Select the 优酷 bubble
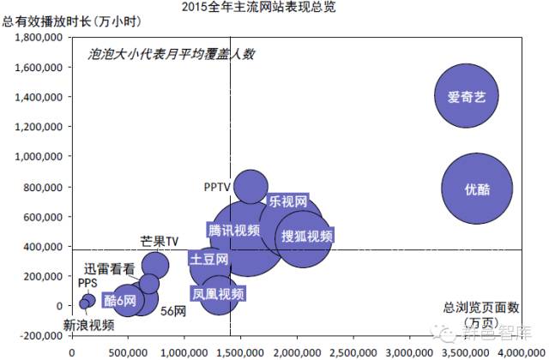(x=477, y=189)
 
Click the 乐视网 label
(x=287, y=202)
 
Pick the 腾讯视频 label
(x=232, y=230)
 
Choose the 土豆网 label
(x=209, y=259)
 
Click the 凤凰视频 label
(x=218, y=294)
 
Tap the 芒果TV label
(x=159, y=242)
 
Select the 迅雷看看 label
(x=109, y=268)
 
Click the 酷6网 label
(x=119, y=300)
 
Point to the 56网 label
(x=174, y=310)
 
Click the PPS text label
(x=87, y=283)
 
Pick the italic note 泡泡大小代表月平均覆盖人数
(x=172, y=54)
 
